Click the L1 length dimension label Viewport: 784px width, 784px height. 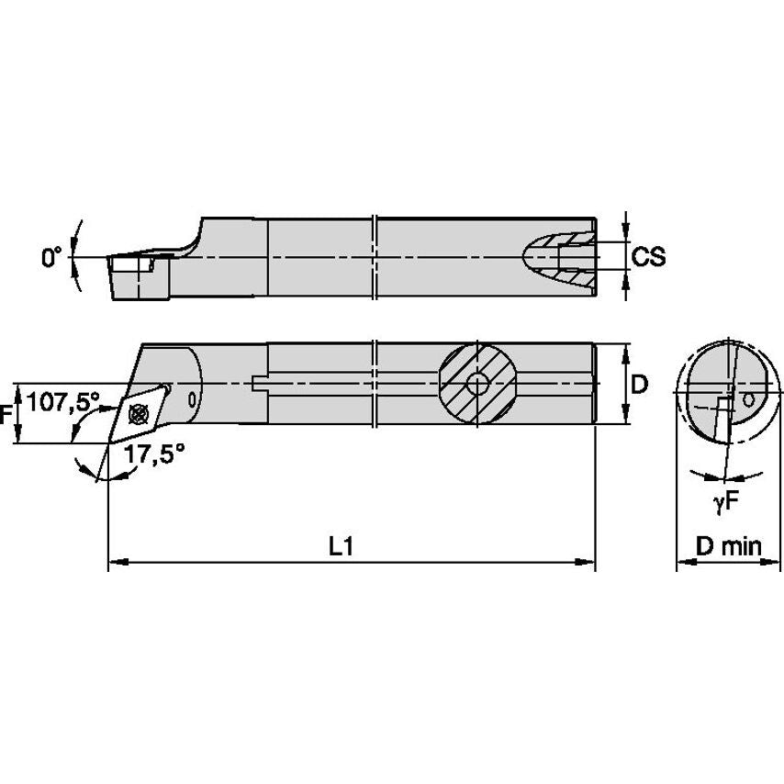point(342,546)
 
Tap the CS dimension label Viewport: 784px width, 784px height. point(648,258)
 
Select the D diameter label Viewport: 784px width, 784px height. point(640,385)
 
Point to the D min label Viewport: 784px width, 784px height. point(728,547)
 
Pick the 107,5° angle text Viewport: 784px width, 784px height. point(62,401)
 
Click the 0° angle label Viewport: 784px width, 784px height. point(51,259)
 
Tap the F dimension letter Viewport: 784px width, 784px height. point(7,415)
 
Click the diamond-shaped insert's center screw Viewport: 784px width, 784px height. point(140,412)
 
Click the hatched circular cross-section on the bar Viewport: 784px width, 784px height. point(476,384)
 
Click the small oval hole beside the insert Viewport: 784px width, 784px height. point(191,400)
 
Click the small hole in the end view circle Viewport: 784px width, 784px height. point(750,400)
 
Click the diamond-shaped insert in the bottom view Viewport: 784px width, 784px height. point(140,412)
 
